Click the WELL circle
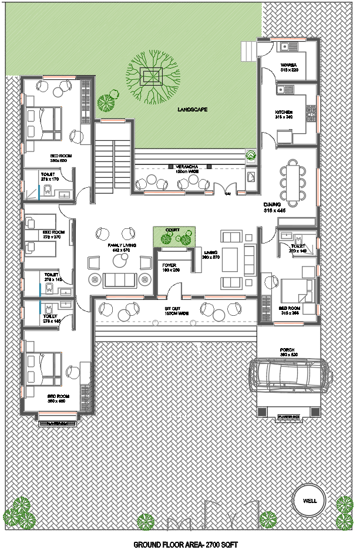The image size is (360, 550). [309, 501]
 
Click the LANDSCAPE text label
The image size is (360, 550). [192, 109]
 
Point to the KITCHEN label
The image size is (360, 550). [284, 113]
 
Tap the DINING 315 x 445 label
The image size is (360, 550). [275, 207]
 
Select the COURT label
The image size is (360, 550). [173, 230]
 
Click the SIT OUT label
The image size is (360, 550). [172, 310]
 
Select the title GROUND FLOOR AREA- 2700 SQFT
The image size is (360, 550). [186, 544]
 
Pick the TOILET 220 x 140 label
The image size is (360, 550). [298, 248]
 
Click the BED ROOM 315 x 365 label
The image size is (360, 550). [290, 310]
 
